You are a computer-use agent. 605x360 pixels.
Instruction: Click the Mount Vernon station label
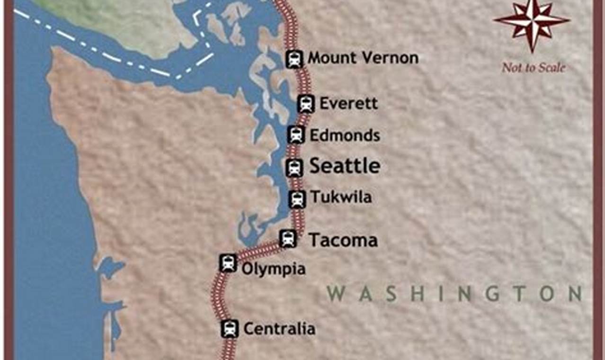click(363, 58)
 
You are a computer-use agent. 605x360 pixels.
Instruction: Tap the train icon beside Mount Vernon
click(294, 59)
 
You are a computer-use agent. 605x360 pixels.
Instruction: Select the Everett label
click(349, 103)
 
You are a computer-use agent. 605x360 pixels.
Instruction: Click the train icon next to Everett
click(306, 104)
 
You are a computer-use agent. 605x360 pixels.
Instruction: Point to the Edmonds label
click(345, 135)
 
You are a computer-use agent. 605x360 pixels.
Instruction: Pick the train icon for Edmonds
click(296, 135)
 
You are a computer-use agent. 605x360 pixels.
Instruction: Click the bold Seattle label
click(345, 166)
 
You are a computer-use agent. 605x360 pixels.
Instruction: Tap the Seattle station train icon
click(294, 167)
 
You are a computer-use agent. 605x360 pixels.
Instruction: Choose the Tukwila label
click(341, 197)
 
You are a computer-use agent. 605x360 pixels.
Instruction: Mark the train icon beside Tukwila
click(297, 199)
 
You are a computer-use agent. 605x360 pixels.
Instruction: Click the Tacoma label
click(343, 241)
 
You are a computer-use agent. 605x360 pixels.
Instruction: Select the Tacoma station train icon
click(288, 239)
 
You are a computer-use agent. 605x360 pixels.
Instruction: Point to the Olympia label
click(274, 269)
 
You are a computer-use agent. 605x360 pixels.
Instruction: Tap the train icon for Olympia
click(228, 263)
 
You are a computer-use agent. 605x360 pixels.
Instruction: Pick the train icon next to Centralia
click(230, 328)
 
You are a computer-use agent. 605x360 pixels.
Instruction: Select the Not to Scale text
click(534, 68)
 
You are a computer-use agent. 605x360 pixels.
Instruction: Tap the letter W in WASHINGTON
click(337, 294)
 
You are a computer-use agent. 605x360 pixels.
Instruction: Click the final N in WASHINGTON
click(575, 294)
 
